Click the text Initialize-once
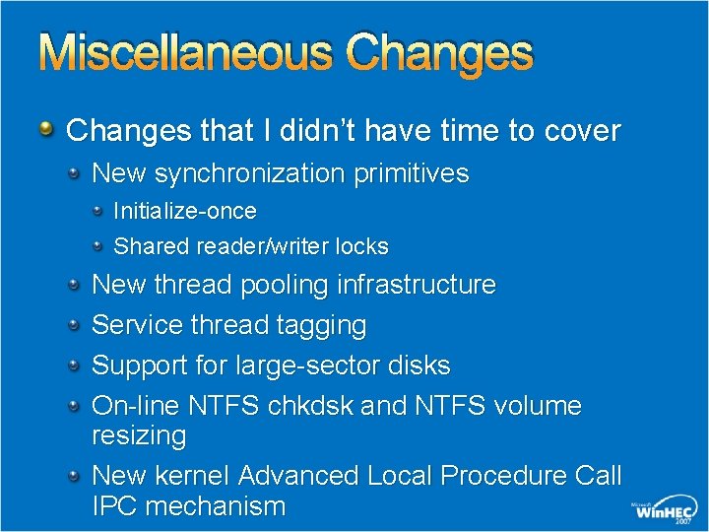[185, 211]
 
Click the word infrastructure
[417, 285]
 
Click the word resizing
[139, 435]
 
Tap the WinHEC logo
[663, 510]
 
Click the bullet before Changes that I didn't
[47, 129]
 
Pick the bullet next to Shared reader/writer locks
[99, 245]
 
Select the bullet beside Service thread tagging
[75, 324]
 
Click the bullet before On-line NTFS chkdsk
[75, 405]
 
